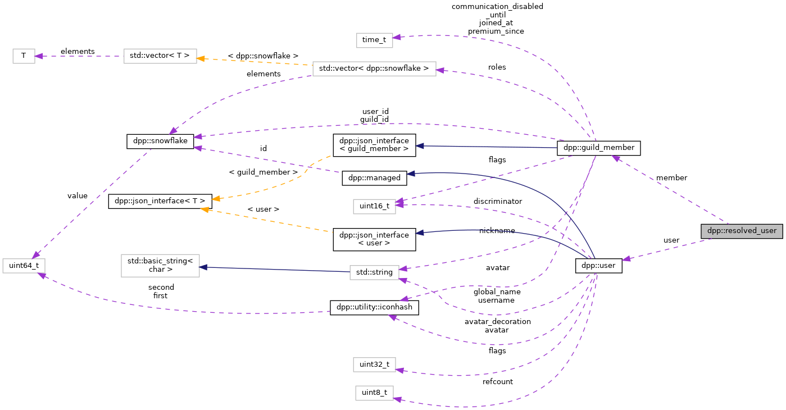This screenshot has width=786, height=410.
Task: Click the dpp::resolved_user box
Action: pyautogui.click(x=742, y=231)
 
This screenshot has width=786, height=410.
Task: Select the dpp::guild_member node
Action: pyautogui.click(x=598, y=148)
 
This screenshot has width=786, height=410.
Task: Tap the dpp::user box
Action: pyautogui.click(x=599, y=266)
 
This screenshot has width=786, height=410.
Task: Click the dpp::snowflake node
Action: pyautogui.click(x=160, y=142)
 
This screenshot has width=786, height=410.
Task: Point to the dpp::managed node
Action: pyautogui.click(x=374, y=178)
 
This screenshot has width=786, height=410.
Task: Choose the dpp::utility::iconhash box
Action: pyautogui.click(x=374, y=308)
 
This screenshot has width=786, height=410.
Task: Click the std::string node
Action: pyautogui.click(x=374, y=273)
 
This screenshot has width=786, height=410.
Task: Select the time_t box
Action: pyautogui.click(x=374, y=40)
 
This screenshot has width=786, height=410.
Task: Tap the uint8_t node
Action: pyautogui.click(x=374, y=393)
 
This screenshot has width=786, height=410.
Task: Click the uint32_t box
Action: pyautogui.click(x=374, y=365)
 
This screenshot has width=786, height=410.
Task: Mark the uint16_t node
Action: pyautogui.click(x=374, y=206)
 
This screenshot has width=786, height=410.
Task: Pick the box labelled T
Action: pyautogui.click(x=24, y=56)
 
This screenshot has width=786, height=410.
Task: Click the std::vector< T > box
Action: pyautogui.click(x=160, y=56)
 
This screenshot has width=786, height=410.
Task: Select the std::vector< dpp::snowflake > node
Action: pyautogui.click(x=374, y=69)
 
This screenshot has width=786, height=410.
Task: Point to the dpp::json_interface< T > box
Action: pyautogui.click(x=160, y=201)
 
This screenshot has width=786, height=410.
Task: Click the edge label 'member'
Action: pyautogui.click(x=671, y=178)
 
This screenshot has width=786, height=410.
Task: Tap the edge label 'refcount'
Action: pyautogui.click(x=498, y=381)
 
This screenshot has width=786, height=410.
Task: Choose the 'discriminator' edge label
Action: pyautogui.click(x=498, y=201)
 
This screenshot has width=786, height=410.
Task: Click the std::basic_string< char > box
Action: pyautogui.click(x=160, y=265)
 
